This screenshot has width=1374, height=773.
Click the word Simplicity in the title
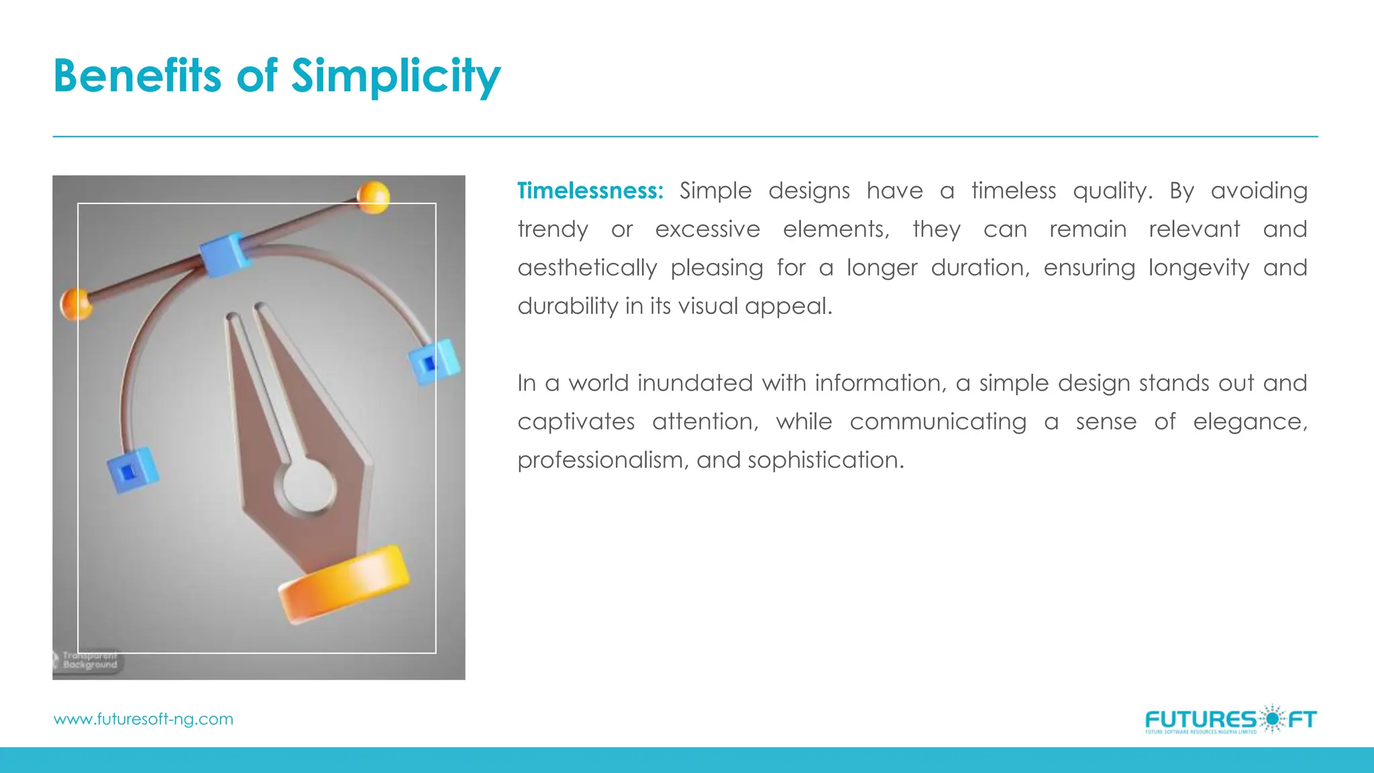tap(396, 75)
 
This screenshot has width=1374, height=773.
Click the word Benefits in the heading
tap(137, 75)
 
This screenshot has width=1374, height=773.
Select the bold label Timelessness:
tap(590, 191)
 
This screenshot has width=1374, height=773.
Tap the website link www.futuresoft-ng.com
tap(143, 719)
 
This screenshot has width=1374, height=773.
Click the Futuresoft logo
tap(1230, 720)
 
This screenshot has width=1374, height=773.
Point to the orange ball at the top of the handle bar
tap(372, 197)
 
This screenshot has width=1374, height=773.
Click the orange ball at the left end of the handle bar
tap(76, 304)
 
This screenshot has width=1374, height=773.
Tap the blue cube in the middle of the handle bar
tap(225, 254)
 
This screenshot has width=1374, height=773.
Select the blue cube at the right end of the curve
tap(433, 362)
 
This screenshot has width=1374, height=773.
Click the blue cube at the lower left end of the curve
tap(132, 470)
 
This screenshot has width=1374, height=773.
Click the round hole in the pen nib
tap(309, 485)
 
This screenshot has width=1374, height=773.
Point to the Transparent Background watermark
tap(88, 660)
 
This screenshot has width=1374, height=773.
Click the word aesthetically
tap(587, 268)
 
